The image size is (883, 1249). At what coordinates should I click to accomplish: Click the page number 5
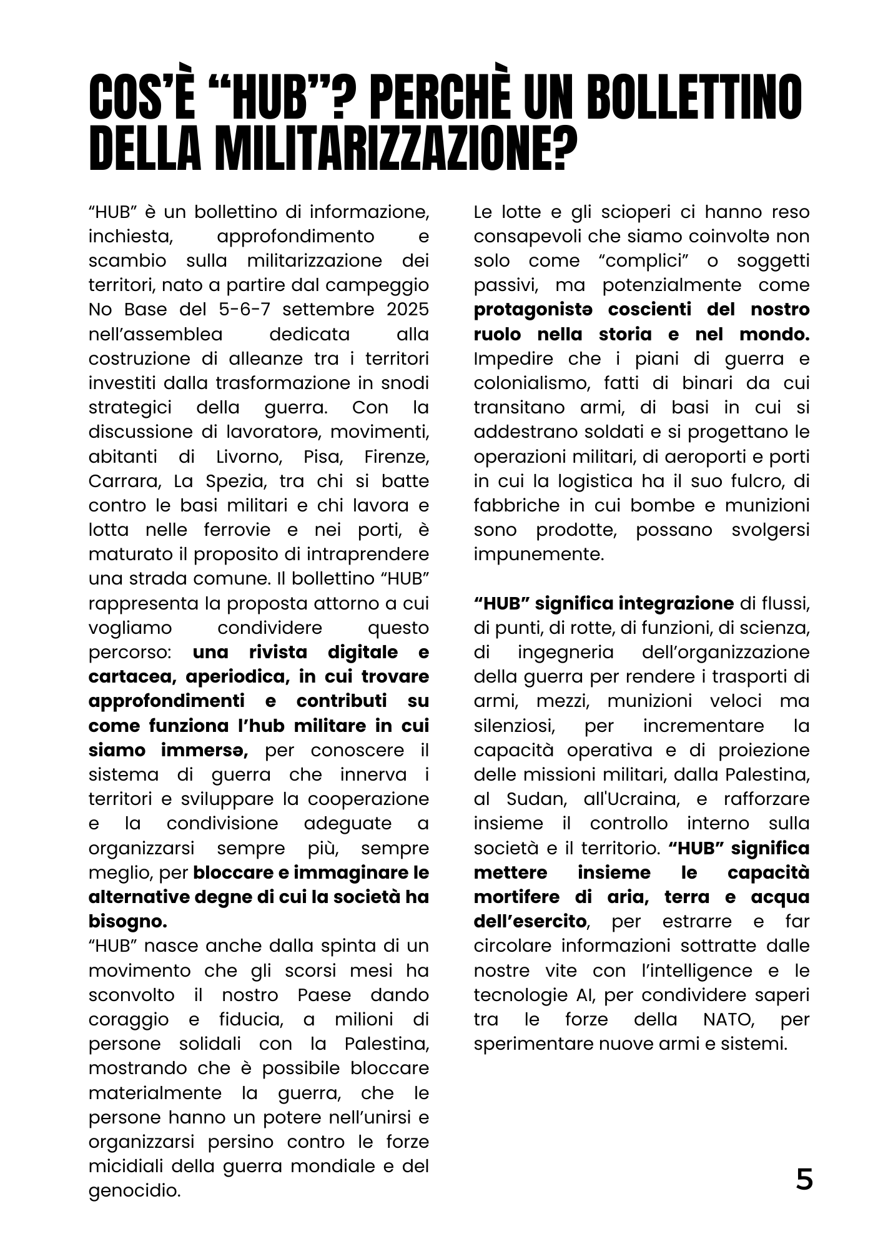(804, 1180)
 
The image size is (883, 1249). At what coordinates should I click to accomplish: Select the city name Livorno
(249, 457)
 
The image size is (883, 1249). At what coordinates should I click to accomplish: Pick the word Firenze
(397, 457)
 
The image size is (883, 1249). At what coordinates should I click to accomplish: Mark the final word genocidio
(134, 1191)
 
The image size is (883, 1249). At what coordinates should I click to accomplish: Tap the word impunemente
(538, 555)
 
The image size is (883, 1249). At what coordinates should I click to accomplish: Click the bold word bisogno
(128, 922)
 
